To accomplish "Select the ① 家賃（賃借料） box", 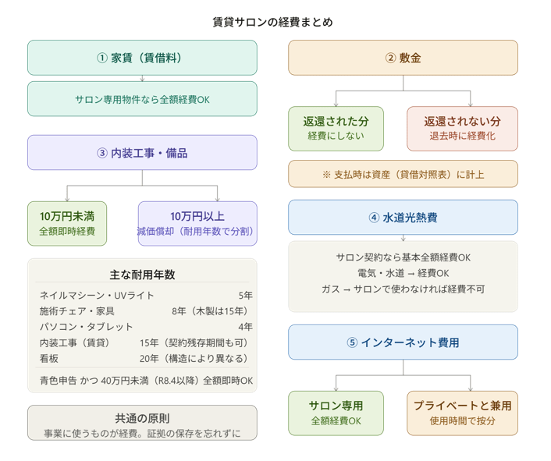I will [142, 58].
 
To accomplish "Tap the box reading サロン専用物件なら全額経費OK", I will [142, 99].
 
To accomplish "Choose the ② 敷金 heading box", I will [403, 58].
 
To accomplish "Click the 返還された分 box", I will [336, 129].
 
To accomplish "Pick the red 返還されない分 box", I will [462, 129].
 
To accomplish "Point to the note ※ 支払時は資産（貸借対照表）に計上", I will [403, 174].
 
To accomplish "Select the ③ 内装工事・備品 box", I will [142, 153].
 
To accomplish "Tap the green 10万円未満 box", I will [67, 223].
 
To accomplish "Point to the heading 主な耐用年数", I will [142, 275].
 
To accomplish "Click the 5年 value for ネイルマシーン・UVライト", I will [245, 296].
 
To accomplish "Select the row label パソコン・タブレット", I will [87, 327].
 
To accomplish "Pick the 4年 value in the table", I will [245, 327].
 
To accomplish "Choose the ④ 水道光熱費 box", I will [403, 218].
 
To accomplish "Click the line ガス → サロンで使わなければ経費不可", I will [403, 289].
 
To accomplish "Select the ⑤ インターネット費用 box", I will [403, 342].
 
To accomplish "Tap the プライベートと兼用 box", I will [462, 413].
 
